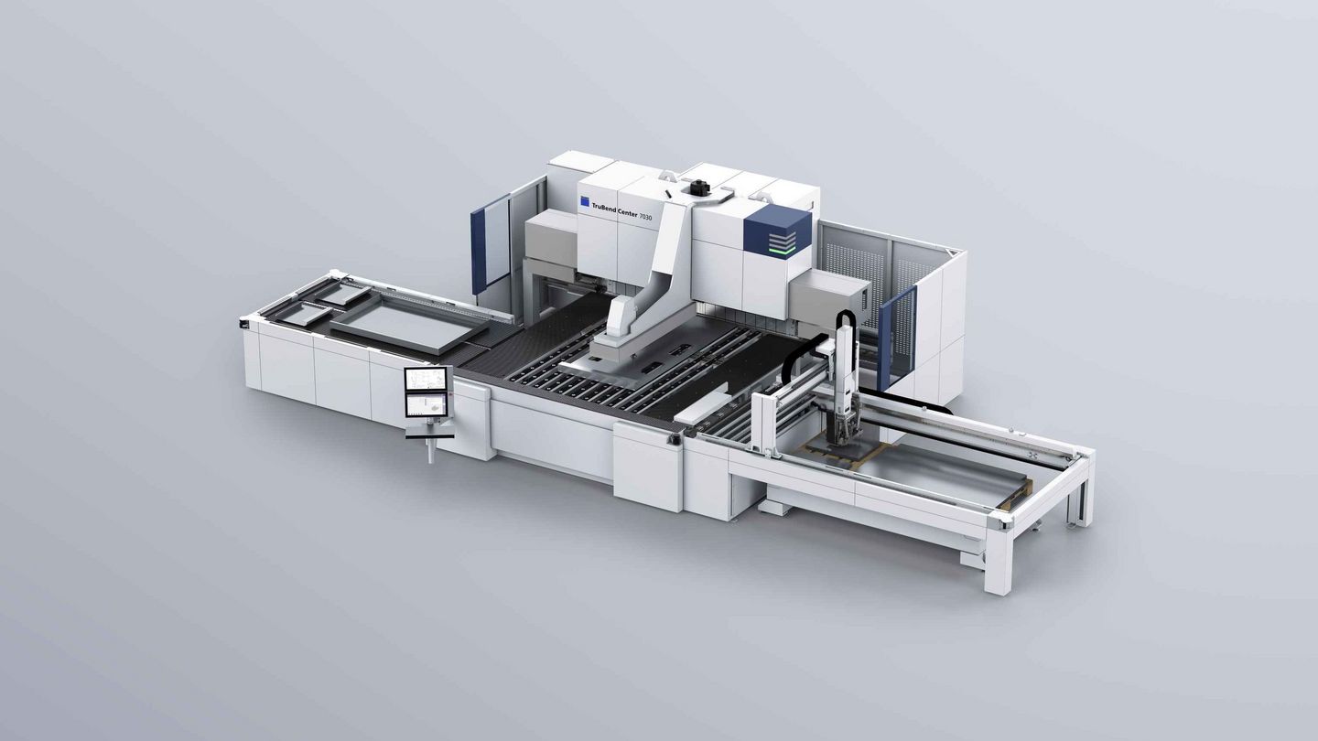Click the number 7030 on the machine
pos(645,217)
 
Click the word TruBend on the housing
pos(604,209)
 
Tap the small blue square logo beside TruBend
pos(585,201)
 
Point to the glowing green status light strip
pos(783,250)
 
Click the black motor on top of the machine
pos(699,187)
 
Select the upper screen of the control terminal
pos(427,379)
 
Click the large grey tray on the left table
pos(409,324)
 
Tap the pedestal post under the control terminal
pos(431,450)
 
